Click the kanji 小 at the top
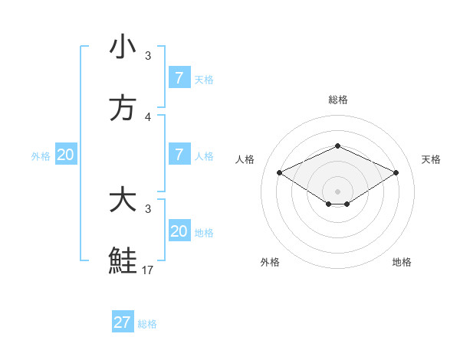coord(123,47)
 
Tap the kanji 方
coord(123,108)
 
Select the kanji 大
coord(123,200)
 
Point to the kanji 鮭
coord(123,261)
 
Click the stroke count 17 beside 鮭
coord(148,270)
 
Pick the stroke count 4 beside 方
coord(148,116)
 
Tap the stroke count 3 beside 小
coord(148,55)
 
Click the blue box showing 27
coord(123,322)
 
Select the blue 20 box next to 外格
coord(66,155)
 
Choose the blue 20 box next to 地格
coord(179,231)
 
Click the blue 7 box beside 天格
coord(179,78)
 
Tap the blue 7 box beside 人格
coord(179,155)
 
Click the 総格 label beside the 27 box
coord(147,324)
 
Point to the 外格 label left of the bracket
coord(41,156)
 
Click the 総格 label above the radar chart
coord(337,100)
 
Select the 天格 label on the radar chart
coord(431,159)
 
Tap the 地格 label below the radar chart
coord(402,262)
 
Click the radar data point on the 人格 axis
coord(279,172)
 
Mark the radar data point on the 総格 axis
coord(337,145)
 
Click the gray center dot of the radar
coord(337,191)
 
